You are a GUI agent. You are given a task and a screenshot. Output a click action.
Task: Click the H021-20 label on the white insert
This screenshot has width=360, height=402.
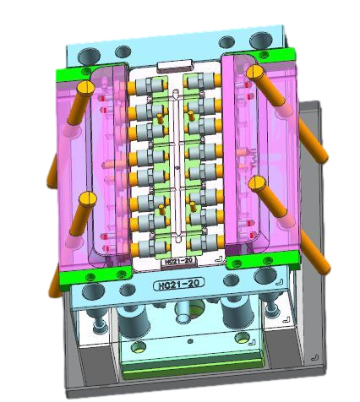pos(178,261)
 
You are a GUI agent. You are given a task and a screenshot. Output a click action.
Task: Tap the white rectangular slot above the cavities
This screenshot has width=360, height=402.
pos(176,66)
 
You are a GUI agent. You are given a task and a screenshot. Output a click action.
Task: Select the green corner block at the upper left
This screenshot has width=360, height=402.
pos(74,73)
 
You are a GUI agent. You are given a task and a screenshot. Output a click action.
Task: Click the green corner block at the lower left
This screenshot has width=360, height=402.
pos(95,277)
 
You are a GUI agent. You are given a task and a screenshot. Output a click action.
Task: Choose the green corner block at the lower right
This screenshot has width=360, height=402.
pos(264,260)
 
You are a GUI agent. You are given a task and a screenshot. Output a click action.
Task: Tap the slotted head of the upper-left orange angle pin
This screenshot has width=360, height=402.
pos(85,88)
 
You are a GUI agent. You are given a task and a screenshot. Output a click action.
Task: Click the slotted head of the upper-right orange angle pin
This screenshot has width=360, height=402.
pos(255,71)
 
